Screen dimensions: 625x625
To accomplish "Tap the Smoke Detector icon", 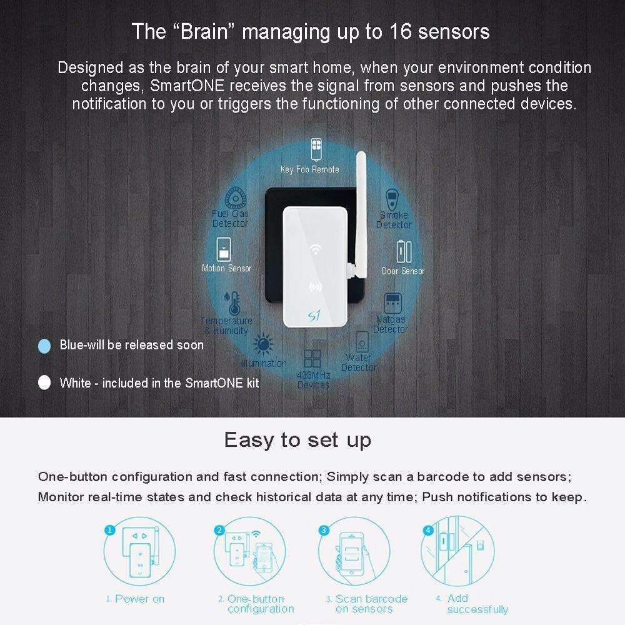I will (x=392, y=200).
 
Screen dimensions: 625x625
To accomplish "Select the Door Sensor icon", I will (x=404, y=252).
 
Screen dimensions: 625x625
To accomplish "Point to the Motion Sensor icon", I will (x=224, y=249).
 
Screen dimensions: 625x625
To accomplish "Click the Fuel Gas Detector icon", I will (x=236, y=197).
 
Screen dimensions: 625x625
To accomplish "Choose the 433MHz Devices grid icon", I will (x=312, y=359).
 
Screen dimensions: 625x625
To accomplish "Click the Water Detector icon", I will (x=362, y=341).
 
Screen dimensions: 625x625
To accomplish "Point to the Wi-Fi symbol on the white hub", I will (x=316, y=249).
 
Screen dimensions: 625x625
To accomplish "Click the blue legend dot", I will (x=44, y=346).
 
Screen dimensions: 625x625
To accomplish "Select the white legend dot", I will (x=44, y=382).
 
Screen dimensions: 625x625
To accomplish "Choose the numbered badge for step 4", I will (x=428, y=530).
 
